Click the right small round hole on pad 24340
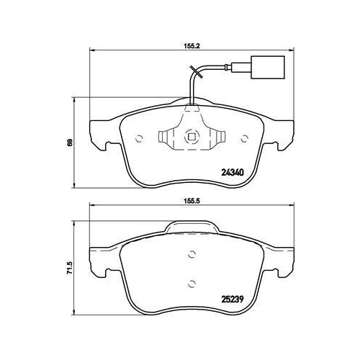243,138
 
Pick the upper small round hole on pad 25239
191,253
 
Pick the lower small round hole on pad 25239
191,282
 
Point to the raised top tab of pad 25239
191,228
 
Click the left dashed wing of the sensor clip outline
167,137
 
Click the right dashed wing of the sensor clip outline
215,137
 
